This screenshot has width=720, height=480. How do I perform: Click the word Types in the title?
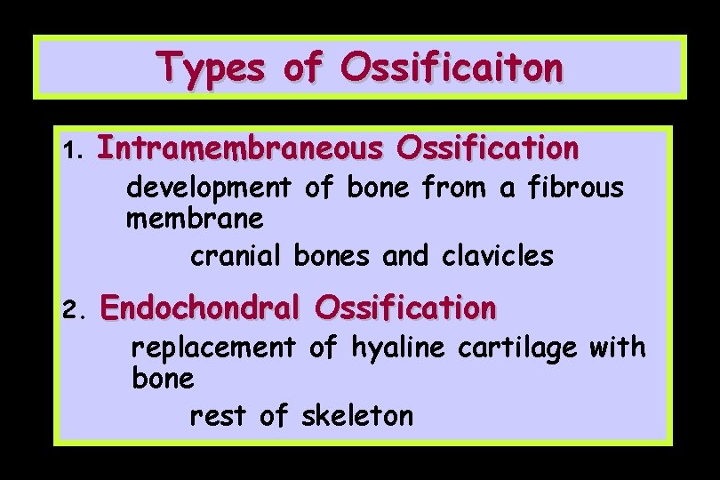(x=210, y=68)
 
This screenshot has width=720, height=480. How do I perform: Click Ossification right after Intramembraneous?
(x=488, y=148)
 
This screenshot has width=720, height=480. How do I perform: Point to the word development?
(x=209, y=188)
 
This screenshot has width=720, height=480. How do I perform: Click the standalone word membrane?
(x=195, y=218)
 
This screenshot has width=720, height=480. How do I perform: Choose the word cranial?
(x=235, y=257)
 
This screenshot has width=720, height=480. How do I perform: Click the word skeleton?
(x=357, y=415)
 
